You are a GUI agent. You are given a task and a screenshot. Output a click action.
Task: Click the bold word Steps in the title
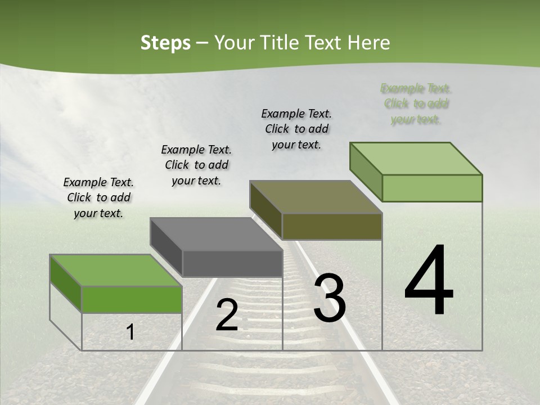(x=165, y=43)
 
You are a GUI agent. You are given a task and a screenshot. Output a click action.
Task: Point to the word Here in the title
(x=369, y=43)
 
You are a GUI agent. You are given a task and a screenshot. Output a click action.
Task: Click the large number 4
(x=429, y=281)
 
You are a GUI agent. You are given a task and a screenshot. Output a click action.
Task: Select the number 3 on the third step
(x=330, y=298)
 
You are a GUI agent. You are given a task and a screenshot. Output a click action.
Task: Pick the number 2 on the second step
(x=227, y=316)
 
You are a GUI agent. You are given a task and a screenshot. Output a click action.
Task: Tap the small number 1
(x=130, y=332)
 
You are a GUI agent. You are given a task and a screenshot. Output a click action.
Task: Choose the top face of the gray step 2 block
(x=217, y=234)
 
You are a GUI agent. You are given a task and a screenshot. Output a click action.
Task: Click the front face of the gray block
(x=232, y=263)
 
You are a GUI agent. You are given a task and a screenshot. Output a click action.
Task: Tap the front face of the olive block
(x=332, y=227)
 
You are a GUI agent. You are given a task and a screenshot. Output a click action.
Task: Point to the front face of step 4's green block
(x=432, y=188)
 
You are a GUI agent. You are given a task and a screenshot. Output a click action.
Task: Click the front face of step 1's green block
(x=132, y=299)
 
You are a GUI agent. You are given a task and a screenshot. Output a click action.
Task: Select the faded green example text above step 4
(x=416, y=104)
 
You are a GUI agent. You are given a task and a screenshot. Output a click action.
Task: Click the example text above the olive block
(x=296, y=129)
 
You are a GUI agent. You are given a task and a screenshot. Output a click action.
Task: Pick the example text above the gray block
(x=196, y=165)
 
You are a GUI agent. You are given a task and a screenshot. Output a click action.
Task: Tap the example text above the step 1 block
(x=98, y=198)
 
